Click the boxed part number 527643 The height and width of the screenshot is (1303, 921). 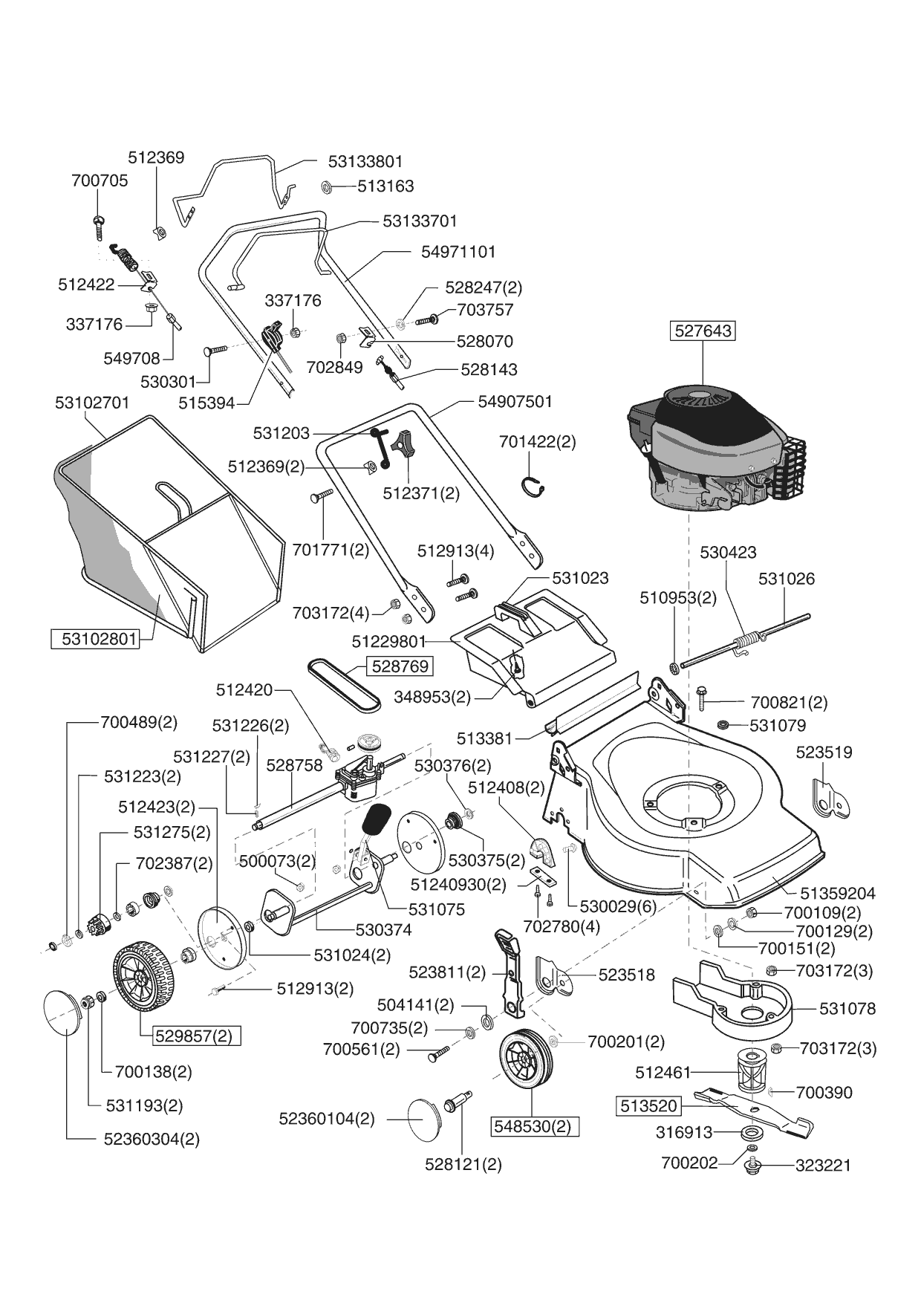coord(703,331)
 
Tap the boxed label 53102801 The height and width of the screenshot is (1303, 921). coord(95,639)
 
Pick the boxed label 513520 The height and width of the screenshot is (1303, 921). coord(648,1106)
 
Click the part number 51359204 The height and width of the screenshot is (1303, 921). coord(837,894)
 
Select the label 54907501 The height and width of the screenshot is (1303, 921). coord(515,402)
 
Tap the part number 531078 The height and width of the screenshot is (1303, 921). coord(847,1009)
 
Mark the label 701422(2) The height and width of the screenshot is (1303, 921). coord(537,442)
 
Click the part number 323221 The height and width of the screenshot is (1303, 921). coord(823,1166)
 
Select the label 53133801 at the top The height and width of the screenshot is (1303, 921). coord(365,161)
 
